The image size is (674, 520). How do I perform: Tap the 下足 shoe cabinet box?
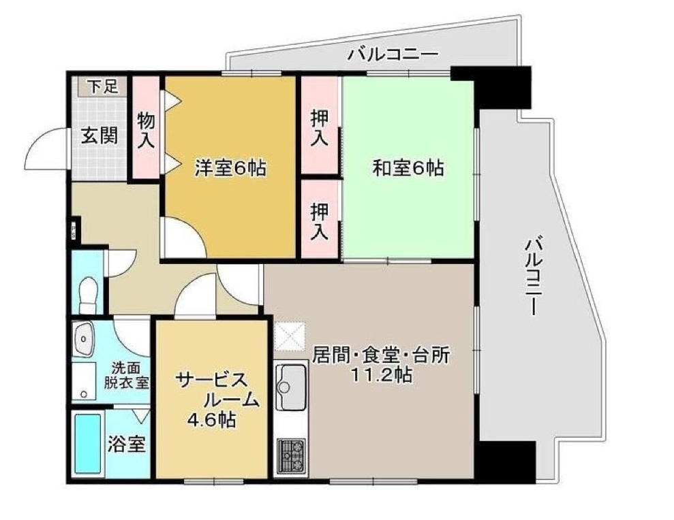coord(102,86)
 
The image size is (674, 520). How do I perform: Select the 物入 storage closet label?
coord(146,131)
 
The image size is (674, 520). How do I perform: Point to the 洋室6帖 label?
coord(230,167)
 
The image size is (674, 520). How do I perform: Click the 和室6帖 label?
coord(408,167)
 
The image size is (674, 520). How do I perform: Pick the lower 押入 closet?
coord(320,219)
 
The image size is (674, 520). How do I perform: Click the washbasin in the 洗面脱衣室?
coord(83,338)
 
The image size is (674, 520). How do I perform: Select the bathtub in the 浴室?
coord(88,444)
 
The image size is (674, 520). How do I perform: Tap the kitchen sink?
coord(291,387)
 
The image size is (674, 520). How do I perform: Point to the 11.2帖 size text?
coord(381,376)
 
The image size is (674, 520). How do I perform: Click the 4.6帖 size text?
coord(212,419)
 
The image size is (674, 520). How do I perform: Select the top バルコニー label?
coord(393,54)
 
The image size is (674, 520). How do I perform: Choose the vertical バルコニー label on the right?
coord(532,277)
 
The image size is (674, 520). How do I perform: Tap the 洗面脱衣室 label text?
coord(126,375)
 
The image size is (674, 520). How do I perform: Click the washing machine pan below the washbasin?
coord(83,381)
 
